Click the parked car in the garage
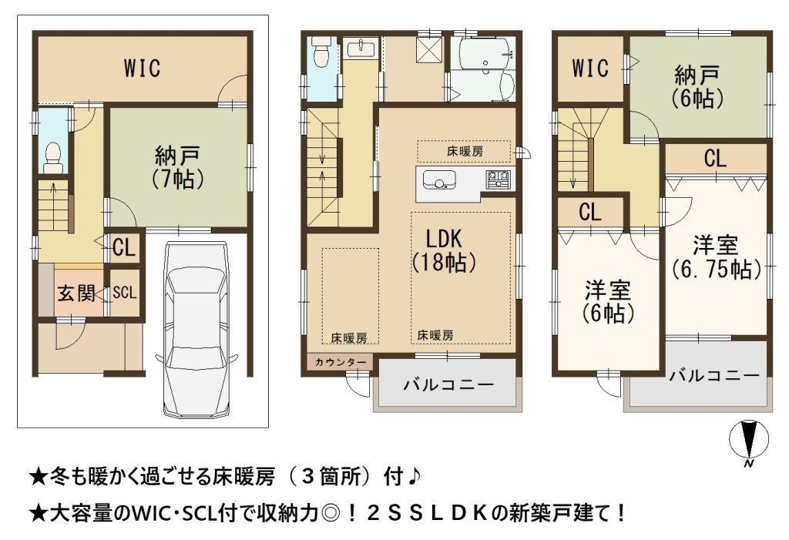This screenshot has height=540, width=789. coord(196,330)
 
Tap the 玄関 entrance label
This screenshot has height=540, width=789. coord(76,293)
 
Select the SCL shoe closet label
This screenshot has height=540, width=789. coord(124,293)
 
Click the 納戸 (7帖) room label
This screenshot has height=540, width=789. coord(178,166)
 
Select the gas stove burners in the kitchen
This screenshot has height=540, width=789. coord(498,179)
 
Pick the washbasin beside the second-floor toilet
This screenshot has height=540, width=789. coord(361,49)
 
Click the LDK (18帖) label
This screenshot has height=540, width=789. coord(444,250)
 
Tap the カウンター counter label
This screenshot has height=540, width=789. coord(340,362)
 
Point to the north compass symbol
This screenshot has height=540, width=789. coord(749,440)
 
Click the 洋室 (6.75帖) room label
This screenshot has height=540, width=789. coord(716,257)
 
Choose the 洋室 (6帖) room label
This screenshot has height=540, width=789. coord(608,302)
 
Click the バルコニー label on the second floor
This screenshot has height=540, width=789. coord(448,385)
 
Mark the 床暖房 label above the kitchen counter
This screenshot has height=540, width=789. coord(465,151)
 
